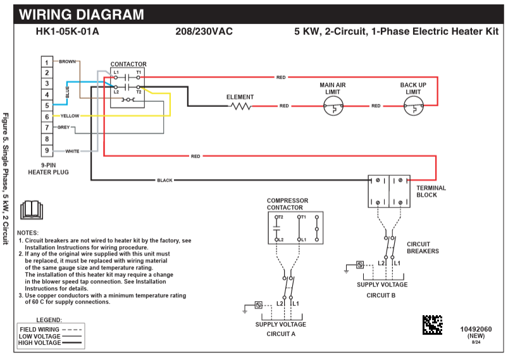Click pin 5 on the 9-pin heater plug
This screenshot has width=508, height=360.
point(47,105)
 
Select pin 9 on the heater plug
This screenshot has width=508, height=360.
point(47,151)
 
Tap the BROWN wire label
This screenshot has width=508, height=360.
point(67,61)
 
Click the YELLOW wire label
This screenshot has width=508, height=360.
point(70,116)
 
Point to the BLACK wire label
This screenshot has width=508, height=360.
point(164,180)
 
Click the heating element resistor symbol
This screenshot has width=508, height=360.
point(240,106)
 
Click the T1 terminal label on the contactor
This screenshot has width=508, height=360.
point(139,72)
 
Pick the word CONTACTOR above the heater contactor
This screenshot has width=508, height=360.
point(128,64)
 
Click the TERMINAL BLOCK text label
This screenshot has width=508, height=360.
point(431,191)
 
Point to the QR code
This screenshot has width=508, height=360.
point(433,324)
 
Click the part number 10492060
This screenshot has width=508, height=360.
point(475,329)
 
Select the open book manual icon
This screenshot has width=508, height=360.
point(31,209)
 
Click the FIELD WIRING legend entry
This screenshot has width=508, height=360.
point(39,329)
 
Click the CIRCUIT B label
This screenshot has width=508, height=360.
point(381,295)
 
